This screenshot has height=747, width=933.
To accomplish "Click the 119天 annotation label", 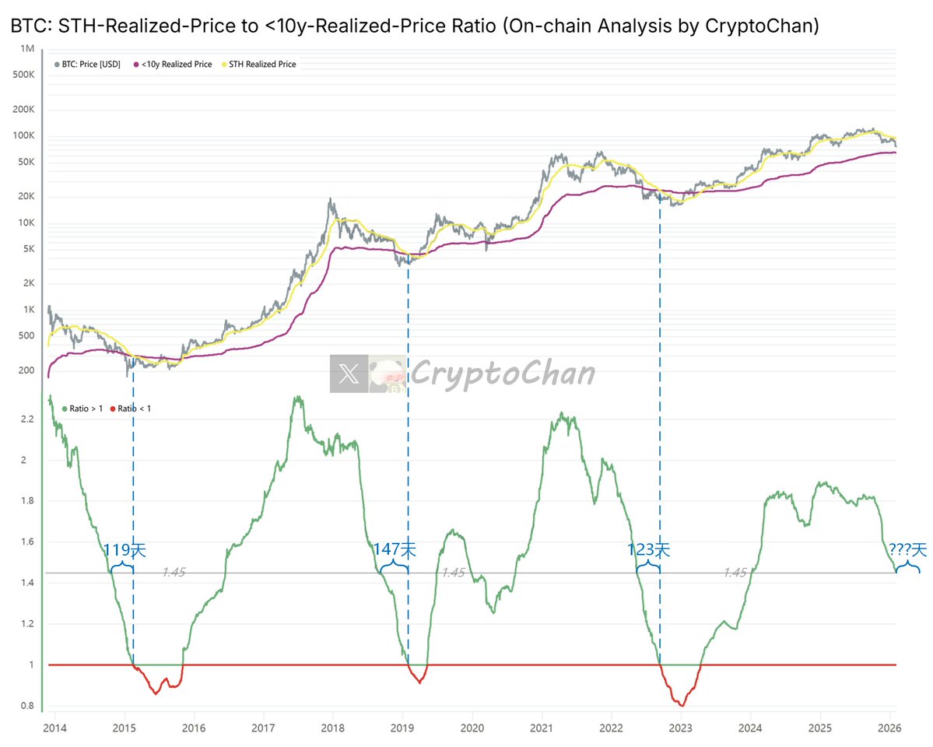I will (125, 550).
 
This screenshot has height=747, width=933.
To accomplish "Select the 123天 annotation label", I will (648, 550).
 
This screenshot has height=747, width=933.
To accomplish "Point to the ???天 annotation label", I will (907, 550).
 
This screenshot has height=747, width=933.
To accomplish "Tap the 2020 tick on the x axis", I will (472, 728).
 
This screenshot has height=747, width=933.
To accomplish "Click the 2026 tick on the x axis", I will (889, 728).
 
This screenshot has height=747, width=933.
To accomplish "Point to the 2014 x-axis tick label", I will (54, 728).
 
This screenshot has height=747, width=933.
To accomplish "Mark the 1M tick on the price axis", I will (26, 49).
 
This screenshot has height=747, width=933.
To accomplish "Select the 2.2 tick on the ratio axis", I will (28, 419).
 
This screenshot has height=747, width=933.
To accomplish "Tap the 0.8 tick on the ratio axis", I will (28, 707).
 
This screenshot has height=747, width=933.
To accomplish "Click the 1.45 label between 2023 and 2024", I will (734, 572).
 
